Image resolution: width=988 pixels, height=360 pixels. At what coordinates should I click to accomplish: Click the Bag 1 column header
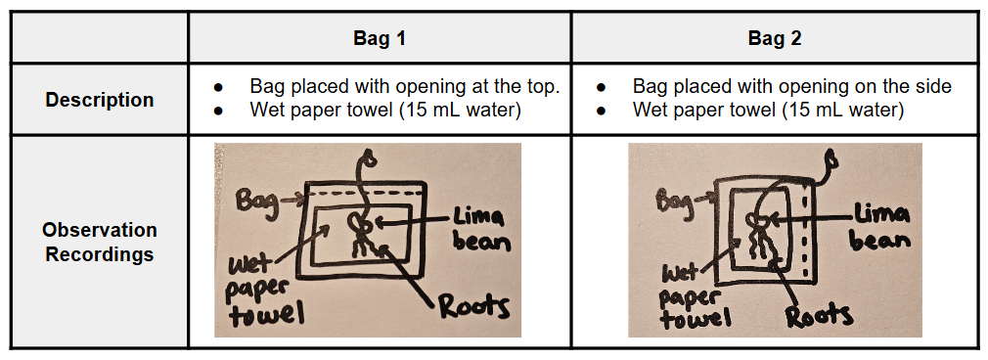380,38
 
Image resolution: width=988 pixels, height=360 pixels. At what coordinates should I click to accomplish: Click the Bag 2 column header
775,38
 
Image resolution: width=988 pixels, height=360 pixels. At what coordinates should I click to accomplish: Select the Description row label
100,100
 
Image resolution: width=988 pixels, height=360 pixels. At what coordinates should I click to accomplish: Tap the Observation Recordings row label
100,242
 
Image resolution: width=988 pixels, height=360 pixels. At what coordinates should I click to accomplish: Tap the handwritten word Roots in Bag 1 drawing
473,308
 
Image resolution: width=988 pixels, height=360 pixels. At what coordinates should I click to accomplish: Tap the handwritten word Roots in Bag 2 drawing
819,315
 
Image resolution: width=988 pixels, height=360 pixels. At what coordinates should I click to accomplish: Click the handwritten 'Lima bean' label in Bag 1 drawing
479,230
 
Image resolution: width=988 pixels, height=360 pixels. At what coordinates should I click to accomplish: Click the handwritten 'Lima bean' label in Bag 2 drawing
880,228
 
